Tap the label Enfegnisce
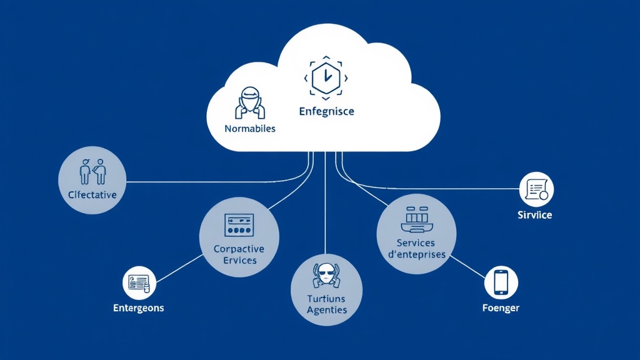click(x=326, y=111)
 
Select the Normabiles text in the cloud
click(x=249, y=128)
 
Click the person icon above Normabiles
click(x=250, y=102)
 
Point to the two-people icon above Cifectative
click(x=92, y=171)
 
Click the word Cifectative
click(x=92, y=194)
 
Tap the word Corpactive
click(x=239, y=249)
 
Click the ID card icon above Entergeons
click(x=139, y=283)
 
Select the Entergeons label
click(x=139, y=308)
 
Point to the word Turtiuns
click(x=327, y=299)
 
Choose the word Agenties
click(x=327, y=310)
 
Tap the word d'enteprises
click(x=416, y=254)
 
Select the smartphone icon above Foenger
click(x=501, y=282)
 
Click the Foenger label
click(x=501, y=308)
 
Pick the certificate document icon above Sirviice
click(x=537, y=189)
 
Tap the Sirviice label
click(x=535, y=215)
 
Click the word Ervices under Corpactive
click(x=239, y=260)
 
